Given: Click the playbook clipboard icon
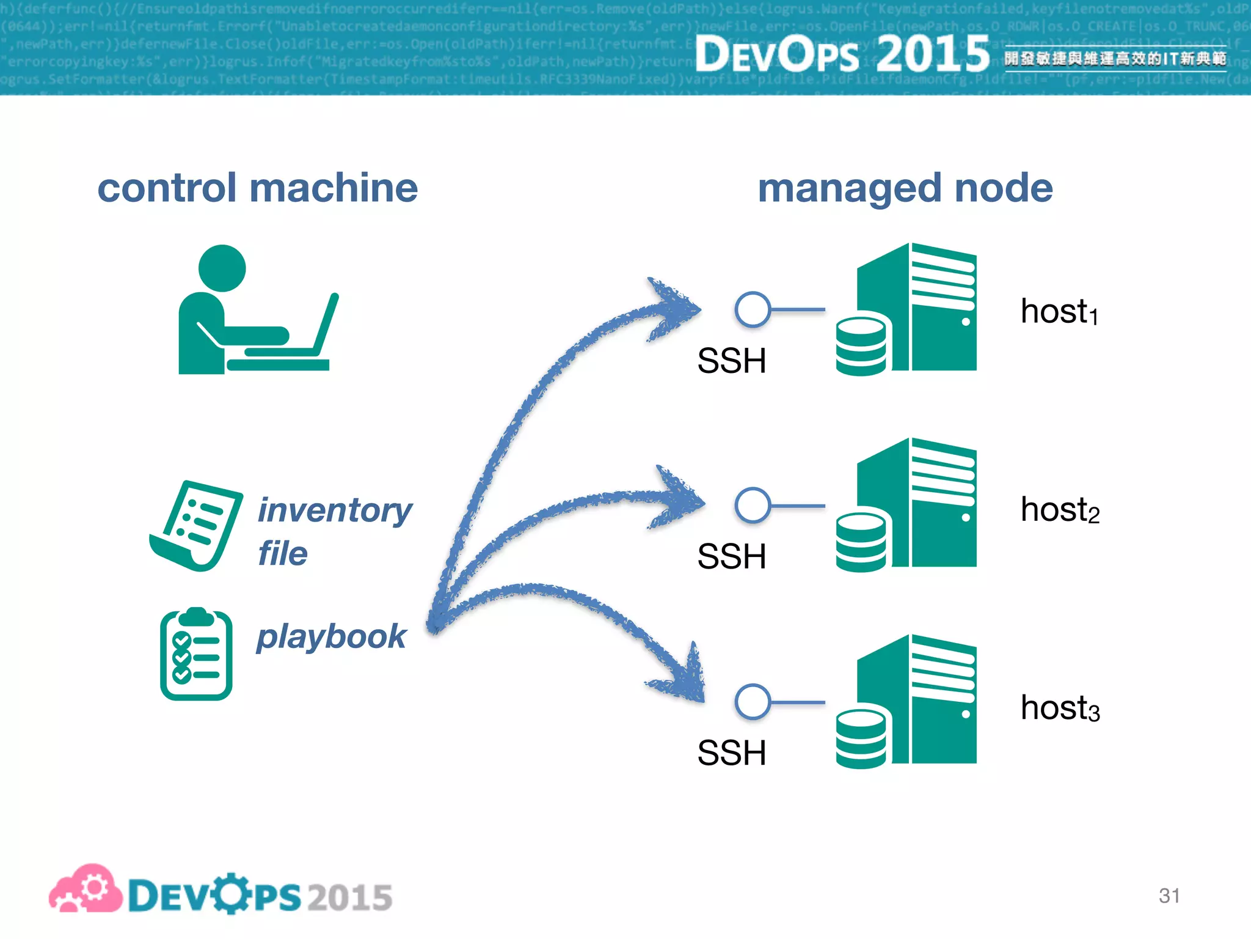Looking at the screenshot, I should click(x=196, y=654).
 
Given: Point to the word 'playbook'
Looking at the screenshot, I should click(x=331, y=637).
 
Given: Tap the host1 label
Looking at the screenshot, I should click(x=1059, y=312).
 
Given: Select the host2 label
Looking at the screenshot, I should click(x=1060, y=510).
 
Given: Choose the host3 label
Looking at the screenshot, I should click(x=1060, y=708).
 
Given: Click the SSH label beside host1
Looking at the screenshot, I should click(x=731, y=361).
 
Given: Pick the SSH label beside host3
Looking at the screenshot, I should click(x=731, y=753).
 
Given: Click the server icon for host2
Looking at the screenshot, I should click(x=906, y=505).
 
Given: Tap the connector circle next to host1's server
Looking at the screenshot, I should click(x=753, y=309).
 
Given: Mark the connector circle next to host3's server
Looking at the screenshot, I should click(x=753, y=701).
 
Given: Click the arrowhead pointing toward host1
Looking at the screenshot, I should click(x=675, y=309).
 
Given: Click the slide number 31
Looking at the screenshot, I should click(x=1169, y=896).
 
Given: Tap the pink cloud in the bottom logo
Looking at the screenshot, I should click(x=86, y=889).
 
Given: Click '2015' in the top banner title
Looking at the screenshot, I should click(x=932, y=54).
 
